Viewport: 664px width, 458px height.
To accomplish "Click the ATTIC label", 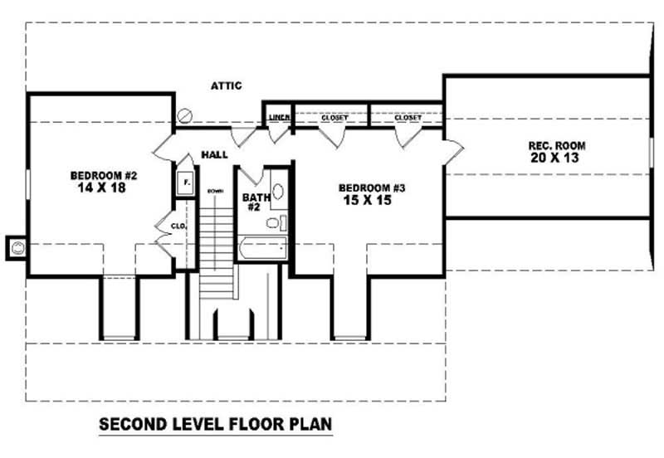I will [226, 85].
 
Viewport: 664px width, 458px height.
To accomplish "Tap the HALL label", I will [215, 154].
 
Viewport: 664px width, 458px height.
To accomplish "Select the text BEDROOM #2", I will [103, 175].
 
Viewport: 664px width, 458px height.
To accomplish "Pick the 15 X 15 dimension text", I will [365, 201].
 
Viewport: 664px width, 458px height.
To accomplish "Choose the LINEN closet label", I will [279, 118].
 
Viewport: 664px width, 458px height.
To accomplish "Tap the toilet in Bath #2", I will [281, 222].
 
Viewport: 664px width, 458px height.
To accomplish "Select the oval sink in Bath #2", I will [278, 191].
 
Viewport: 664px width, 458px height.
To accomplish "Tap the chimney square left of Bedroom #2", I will [17, 246].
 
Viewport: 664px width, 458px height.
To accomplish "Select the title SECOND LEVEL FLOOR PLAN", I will [216, 424].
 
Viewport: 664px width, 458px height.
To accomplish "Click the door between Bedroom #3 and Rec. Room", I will [453, 150].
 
